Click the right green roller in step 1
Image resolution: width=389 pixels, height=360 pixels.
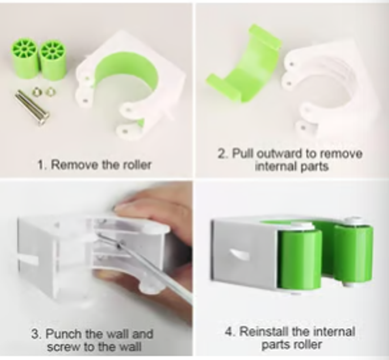click(x=53, y=60)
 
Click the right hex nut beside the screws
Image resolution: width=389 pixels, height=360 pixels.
click(x=51, y=92)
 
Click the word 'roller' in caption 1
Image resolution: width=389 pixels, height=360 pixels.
click(x=137, y=165)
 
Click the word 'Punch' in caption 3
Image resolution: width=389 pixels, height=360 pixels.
click(x=63, y=334)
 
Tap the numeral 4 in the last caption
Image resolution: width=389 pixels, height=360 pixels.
click(x=228, y=332)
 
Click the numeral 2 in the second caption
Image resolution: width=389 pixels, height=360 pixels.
click(x=221, y=154)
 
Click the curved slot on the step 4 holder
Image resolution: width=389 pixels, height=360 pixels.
click(x=239, y=254)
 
